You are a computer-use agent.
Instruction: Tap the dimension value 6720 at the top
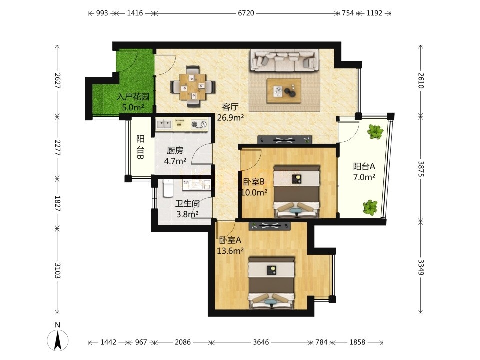click(x=246, y=13)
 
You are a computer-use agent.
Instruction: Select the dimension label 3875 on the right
click(x=421, y=169)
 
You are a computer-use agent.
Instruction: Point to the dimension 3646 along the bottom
click(x=261, y=342)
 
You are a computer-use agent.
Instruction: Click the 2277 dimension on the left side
click(x=57, y=148)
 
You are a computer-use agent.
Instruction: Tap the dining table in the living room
click(x=193, y=87)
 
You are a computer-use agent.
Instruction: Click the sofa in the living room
click(x=284, y=60)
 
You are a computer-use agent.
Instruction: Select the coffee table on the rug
click(x=284, y=91)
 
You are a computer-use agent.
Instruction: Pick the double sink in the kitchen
click(x=164, y=124)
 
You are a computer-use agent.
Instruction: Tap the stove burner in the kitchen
click(x=199, y=124)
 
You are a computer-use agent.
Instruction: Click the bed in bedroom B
click(x=296, y=191)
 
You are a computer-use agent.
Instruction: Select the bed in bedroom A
click(x=271, y=283)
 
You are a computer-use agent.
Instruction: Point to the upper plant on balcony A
click(x=375, y=132)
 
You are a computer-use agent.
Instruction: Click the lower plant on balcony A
click(x=370, y=207)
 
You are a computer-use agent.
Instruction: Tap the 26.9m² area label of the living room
click(x=230, y=117)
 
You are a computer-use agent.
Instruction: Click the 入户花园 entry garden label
click(x=133, y=97)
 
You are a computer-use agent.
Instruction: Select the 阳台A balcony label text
click(x=364, y=167)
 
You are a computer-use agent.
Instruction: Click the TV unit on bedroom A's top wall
click(x=269, y=226)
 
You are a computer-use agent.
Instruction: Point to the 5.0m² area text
click(x=133, y=108)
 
